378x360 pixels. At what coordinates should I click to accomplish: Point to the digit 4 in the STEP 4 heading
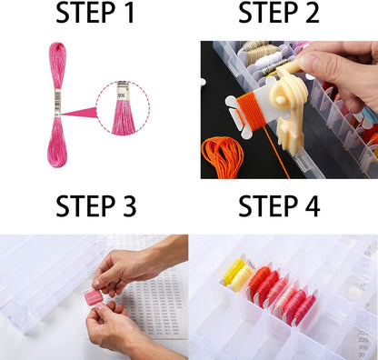pyautogui.click(x=310, y=207)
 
